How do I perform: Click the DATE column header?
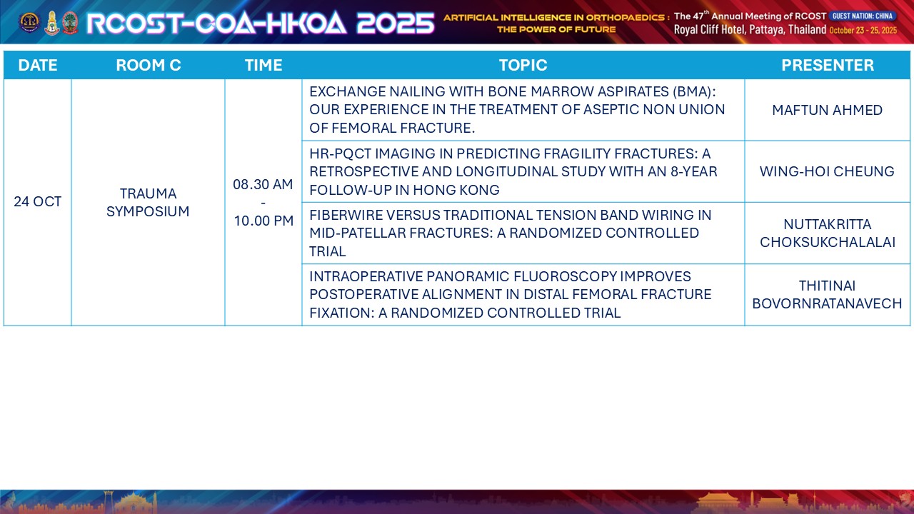pyautogui.click(x=38, y=65)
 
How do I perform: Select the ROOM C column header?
pyautogui.click(x=148, y=65)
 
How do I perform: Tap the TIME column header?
pyautogui.click(x=263, y=65)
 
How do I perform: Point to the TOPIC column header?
pyautogui.click(x=523, y=65)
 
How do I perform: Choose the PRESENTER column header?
pyautogui.click(x=827, y=65)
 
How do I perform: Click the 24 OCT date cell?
pyautogui.click(x=38, y=201)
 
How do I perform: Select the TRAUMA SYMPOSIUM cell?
pyautogui.click(x=148, y=202)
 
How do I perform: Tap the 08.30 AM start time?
pyautogui.click(x=263, y=184)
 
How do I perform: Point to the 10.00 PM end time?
pyautogui.click(x=263, y=221)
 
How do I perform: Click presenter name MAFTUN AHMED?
pyautogui.click(x=827, y=110)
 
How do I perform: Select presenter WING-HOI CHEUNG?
pyautogui.click(x=827, y=171)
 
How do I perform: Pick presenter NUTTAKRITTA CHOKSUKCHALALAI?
pyautogui.click(x=827, y=233)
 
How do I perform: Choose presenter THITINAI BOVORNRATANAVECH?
pyautogui.click(x=827, y=295)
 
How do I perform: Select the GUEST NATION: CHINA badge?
pyautogui.click(x=862, y=16)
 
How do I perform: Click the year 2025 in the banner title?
pyautogui.click(x=396, y=23)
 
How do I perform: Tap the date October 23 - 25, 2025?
pyautogui.click(x=863, y=30)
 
